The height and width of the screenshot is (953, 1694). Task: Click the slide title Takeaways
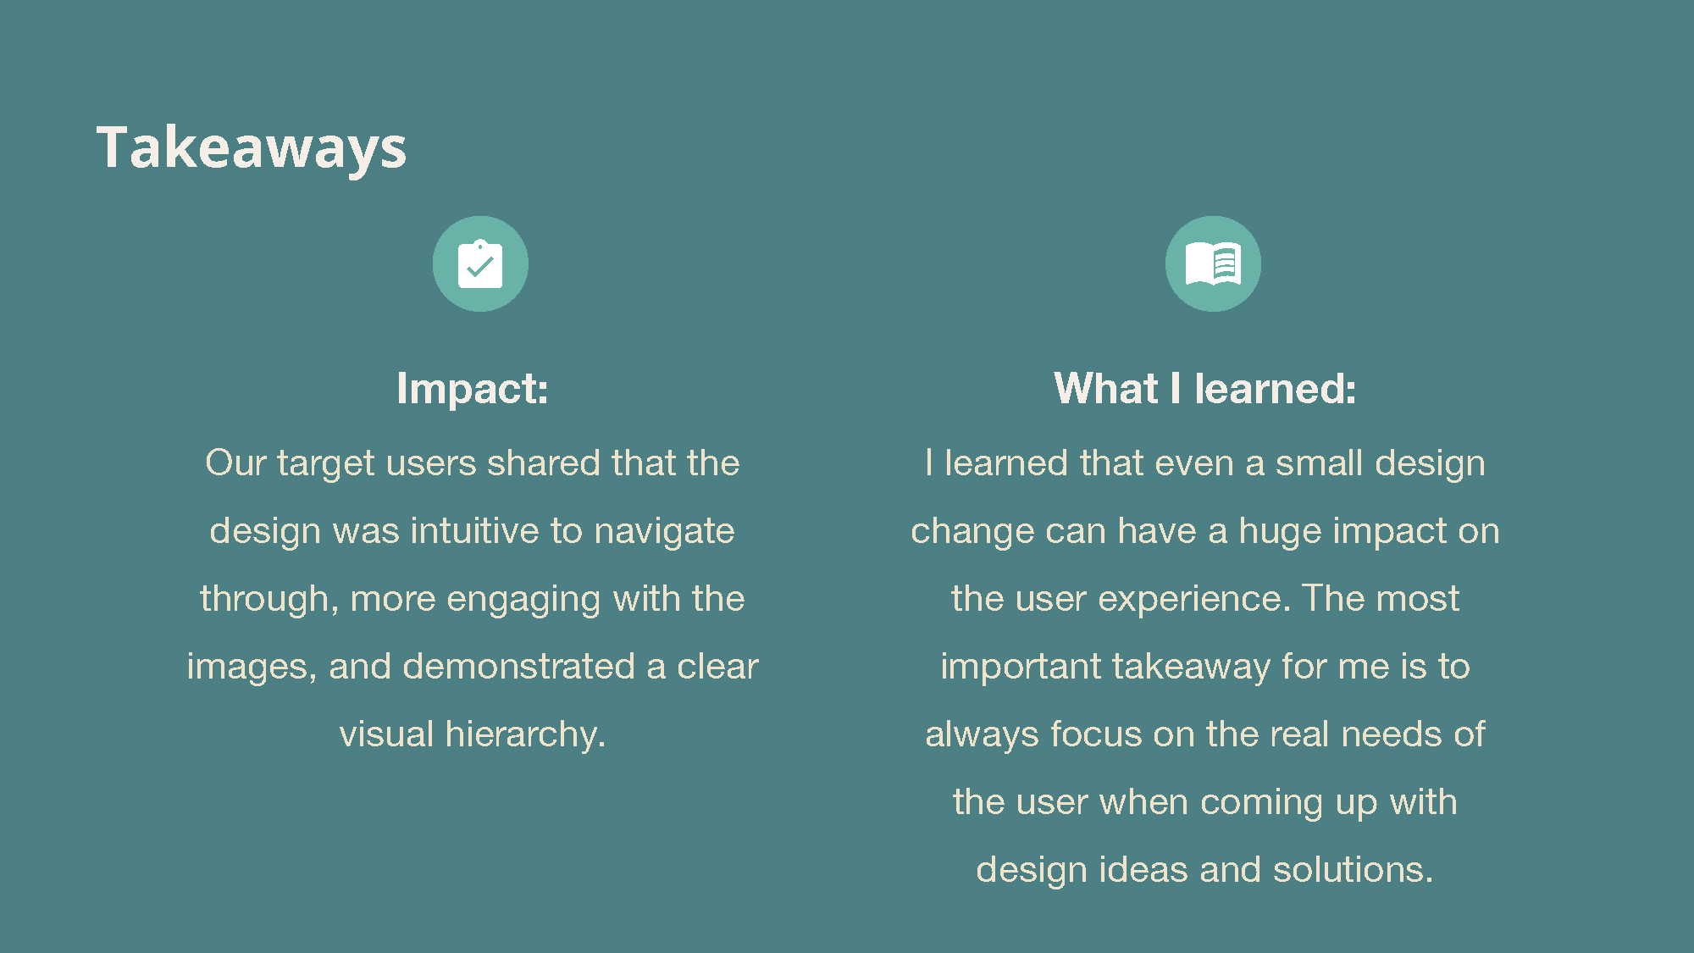click(252, 148)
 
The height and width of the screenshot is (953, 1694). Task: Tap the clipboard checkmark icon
click(480, 264)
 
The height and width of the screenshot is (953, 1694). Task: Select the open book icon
click(1213, 264)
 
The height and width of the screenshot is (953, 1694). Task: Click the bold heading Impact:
click(473, 389)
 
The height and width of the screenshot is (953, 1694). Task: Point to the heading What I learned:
click(1205, 389)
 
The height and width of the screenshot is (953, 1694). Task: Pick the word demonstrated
click(518, 667)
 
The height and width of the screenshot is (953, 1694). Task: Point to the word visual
click(386, 734)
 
